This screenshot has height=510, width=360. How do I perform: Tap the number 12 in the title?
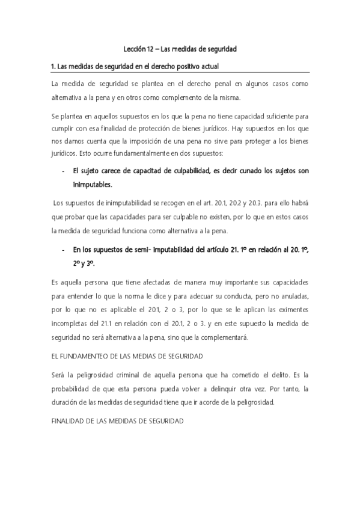click(150, 48)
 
